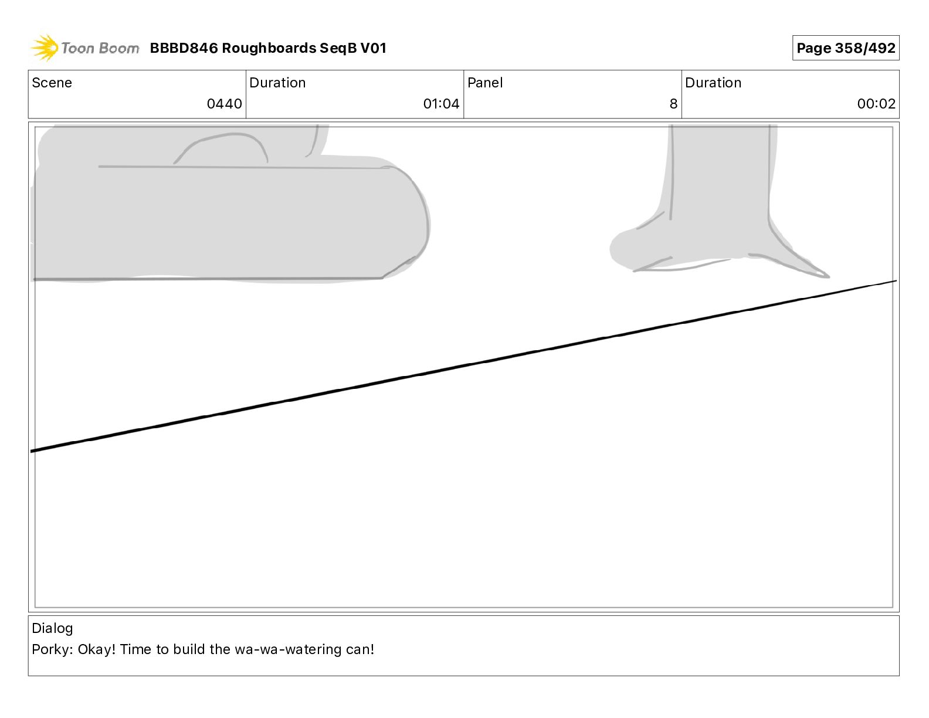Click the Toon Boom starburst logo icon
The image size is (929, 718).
coord(44,48)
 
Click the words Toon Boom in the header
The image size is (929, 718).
coord(100,48)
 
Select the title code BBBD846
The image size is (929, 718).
coord(184,48)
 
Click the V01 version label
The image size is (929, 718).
coord(373,48)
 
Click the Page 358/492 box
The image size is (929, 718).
coord(845,48)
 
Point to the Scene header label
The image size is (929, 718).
coord(52,83)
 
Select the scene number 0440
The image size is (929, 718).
coord(224,104)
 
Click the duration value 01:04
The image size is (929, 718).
coord(441,104)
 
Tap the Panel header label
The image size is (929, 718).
coord(485,83)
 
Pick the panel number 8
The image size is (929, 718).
coord(673,104)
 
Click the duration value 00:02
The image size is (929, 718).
coord(876,104)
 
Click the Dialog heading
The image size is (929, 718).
coord(52,628)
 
